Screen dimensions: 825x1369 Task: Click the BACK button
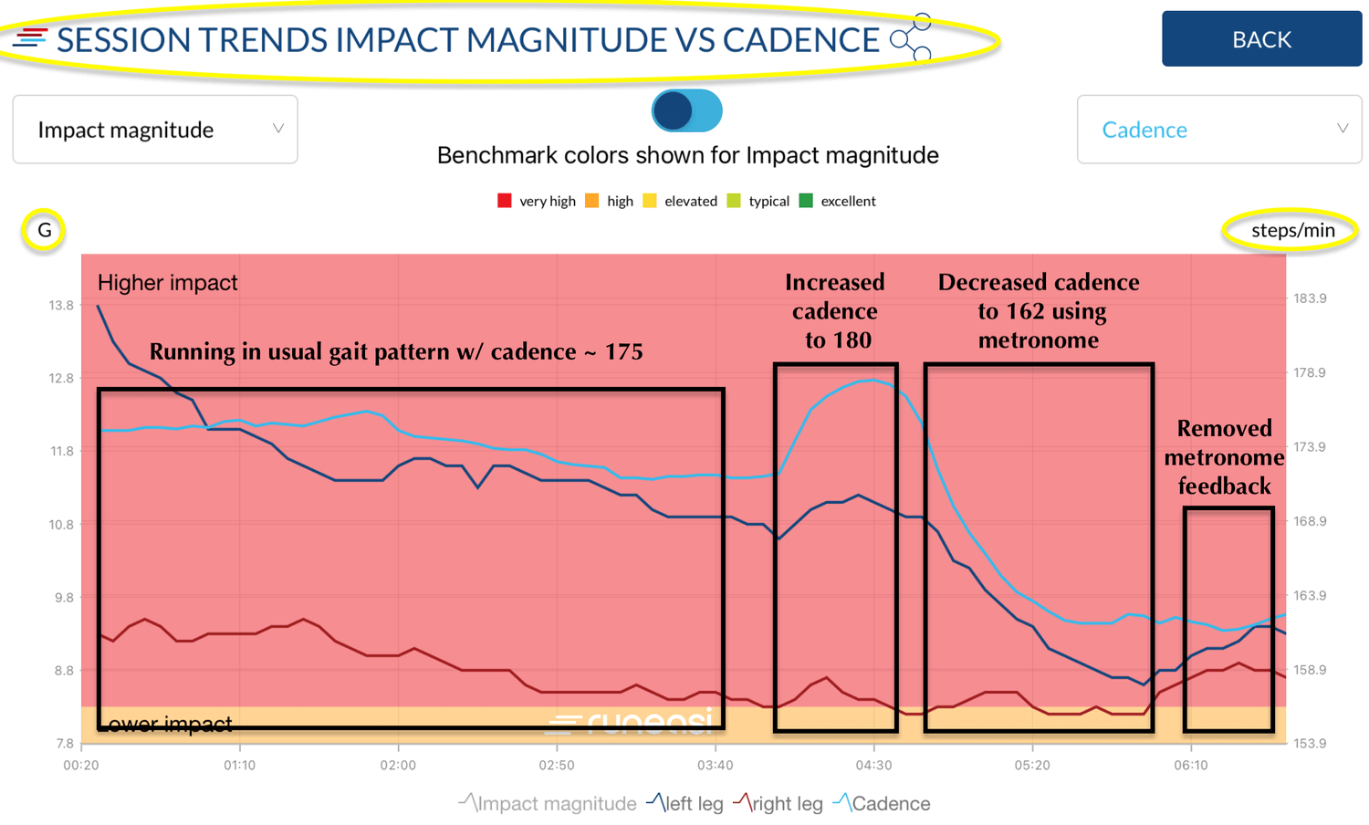click(1261, 39)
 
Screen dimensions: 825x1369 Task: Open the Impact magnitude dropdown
click(155, 130)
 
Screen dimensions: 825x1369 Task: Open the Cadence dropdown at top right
click(1219, 130)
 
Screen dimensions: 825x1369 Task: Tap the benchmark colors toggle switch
click(687, 110)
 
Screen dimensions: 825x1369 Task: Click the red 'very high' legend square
click(504, 201)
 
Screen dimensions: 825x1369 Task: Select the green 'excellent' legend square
click(806, 201)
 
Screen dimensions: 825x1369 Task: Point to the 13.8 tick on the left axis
click(61, 306)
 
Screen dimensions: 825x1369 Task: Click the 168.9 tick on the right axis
click(1310, 521)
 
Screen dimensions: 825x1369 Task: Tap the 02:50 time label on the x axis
click(557, 765)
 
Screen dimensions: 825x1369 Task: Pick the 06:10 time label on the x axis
click(1190, 765)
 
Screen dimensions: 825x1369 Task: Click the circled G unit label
click(44, 230)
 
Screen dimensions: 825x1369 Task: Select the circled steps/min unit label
click(1292, 230)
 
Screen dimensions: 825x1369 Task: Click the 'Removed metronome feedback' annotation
click(1224, 457)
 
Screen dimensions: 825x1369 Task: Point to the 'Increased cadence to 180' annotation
click(834, 311)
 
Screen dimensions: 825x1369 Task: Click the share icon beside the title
click(911, 38)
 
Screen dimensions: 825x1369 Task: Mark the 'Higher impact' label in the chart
click(167, 283)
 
